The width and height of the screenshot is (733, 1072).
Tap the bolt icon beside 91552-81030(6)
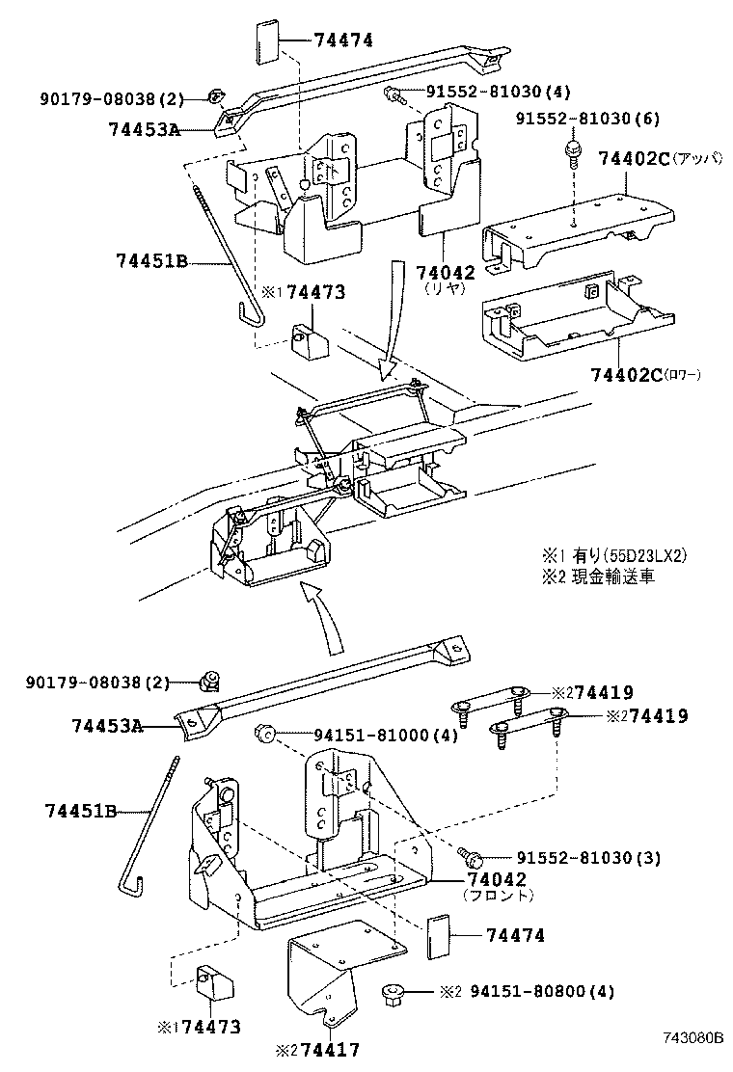coord(571,152)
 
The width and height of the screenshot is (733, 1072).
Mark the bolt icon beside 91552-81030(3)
coord(470,855)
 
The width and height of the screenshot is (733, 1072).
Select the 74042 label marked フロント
coord(497,880)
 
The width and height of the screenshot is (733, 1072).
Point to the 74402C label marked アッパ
coord(634,158)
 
